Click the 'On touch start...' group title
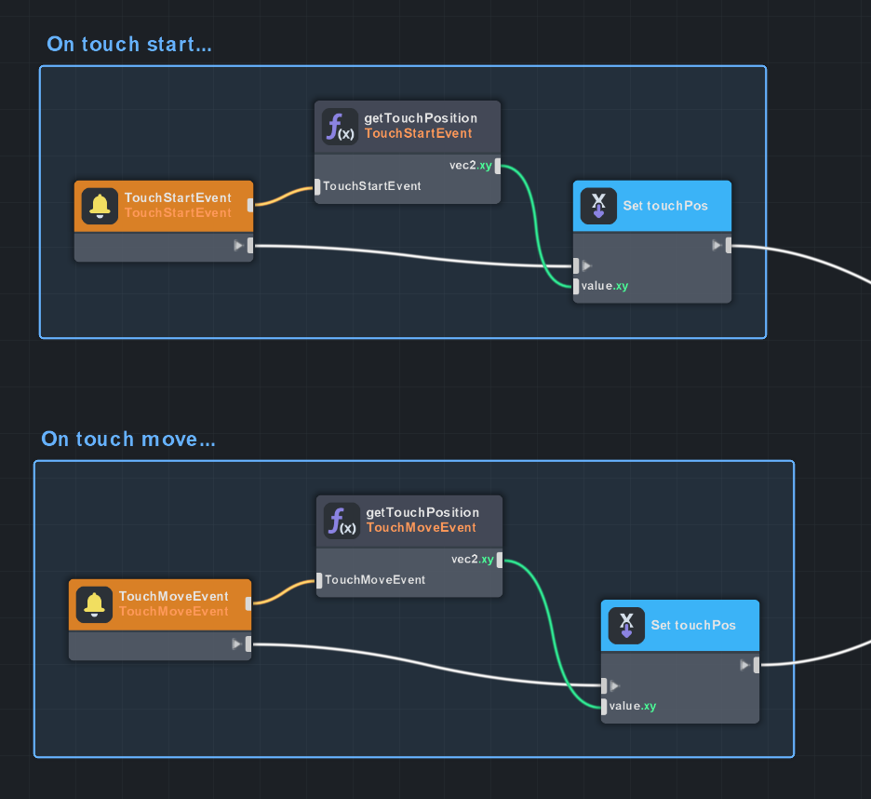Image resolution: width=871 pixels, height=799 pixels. pyautogui.click(x=129, y=44)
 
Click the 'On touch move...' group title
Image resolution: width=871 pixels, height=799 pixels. pyautogui.click(x=128, y=439)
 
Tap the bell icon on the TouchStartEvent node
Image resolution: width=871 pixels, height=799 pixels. pyautogui.click(x=98, y=206)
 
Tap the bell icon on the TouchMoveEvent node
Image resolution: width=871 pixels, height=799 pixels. pyautogui.click(x=93, y=603)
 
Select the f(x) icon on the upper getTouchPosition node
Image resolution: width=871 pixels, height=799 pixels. pyautogui.click(x=340, y=126)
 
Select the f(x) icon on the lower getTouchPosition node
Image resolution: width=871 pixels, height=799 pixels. pyautogui.click(x=342, y=520)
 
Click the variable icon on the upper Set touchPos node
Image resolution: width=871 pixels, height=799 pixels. pyautogui.click(x=598, y=206)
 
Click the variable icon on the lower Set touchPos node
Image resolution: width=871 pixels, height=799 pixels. pyautogui.click(x=626, y=625)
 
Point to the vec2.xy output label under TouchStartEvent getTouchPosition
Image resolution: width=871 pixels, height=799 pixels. pyautogui.click(x=471, y=166)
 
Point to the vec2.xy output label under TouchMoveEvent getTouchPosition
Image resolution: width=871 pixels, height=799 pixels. pyautogui.click(x=472, y=560)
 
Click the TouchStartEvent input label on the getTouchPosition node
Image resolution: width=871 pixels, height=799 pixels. pyautogui.click(x=371, y=186)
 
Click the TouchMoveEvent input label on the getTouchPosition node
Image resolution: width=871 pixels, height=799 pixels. pyautogui.click(x=375, y=580)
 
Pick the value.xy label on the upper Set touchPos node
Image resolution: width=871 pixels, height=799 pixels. pyautogui.click(x=605, y=286)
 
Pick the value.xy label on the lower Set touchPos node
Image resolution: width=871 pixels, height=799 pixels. pyautogui.click(x=633, y=706)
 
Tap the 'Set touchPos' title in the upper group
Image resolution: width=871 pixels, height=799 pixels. pyautogui.click(x=665, y=206)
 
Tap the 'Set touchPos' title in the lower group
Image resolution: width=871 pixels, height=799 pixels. pyautogui.click(x=693, y=625)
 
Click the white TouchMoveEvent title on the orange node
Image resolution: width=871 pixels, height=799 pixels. pyautogui.click(x=173, y=596)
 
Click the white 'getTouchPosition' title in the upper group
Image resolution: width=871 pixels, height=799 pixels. pyautogui.click(x=421, y=118)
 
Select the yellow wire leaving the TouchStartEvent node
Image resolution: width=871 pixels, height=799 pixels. pyautogui.click(x=284, y=196)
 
